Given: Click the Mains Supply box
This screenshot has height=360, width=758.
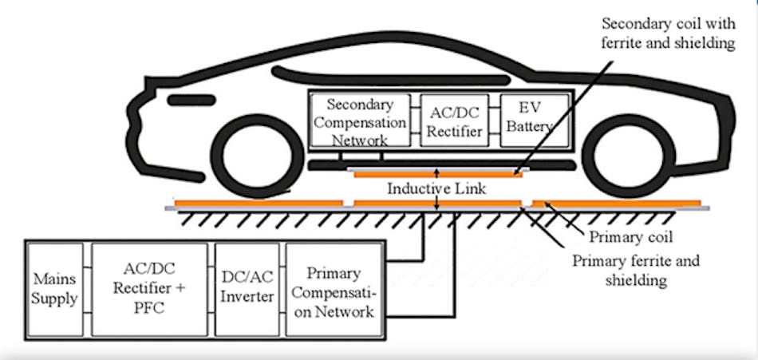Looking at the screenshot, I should coord(56,290).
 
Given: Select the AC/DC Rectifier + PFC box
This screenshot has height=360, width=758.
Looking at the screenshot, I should coord(151,290).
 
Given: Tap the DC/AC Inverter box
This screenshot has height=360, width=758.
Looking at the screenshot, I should coord(247,290).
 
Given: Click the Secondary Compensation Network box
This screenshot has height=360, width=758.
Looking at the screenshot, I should coord(359,121).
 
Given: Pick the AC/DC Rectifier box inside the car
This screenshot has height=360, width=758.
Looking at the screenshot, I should coord(452,121).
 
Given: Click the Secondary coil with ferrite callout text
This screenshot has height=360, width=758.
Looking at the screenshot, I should coord(667,33).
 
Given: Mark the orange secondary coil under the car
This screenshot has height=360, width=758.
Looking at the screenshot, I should coord(436,172).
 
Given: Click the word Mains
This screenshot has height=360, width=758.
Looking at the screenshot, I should coord(56,280).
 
